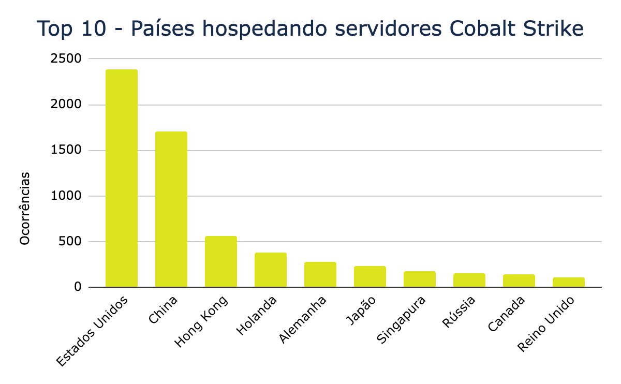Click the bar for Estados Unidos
122,178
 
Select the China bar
171,209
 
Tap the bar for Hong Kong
221,261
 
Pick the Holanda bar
271,270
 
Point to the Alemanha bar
320,274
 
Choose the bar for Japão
370,276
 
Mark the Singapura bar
420,279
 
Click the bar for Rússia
469,280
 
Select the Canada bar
519,280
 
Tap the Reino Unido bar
569,282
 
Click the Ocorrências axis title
25,208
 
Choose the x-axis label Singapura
402,320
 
